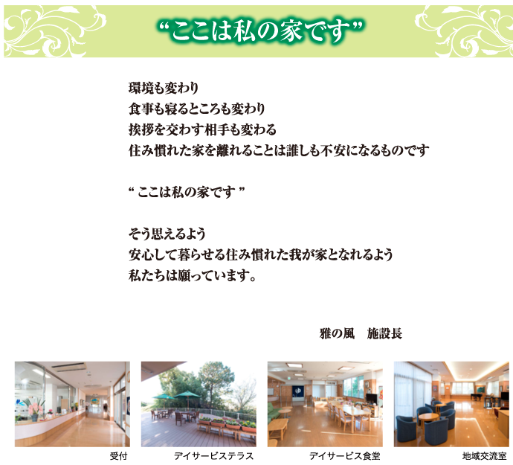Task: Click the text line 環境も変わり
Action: tap(163, 89)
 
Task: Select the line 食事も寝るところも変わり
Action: tap(196, 109)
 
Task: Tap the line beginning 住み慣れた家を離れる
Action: tap(278, 150)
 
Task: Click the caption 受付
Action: tap(119, 455)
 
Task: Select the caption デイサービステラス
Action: tap(214, 455)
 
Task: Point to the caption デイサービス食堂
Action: tap(344, 455)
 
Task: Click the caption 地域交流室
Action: tap(483, 455)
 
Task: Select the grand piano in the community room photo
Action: tap(491, 400)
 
